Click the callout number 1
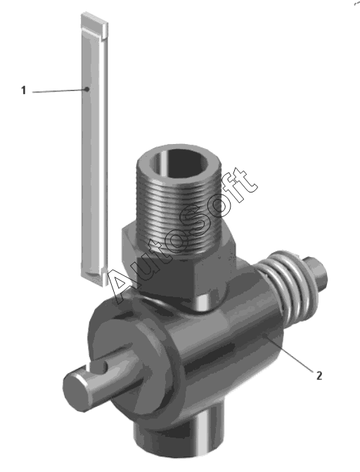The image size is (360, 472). [23, 90]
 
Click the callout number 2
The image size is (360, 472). [319, 375]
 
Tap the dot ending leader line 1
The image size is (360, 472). [86, 89]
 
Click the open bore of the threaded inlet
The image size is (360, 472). [180, 163]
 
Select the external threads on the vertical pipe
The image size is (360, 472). [180, 211]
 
